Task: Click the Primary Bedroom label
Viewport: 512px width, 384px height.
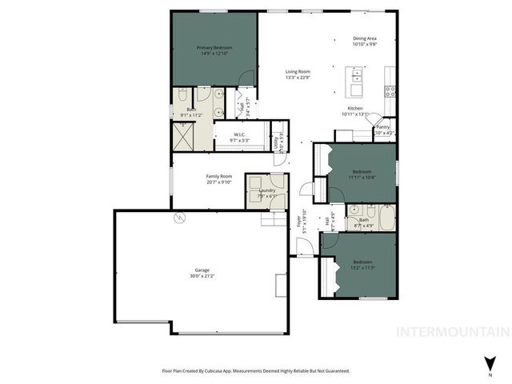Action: tap(214, 48)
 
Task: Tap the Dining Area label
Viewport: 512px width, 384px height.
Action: tap(365, 38)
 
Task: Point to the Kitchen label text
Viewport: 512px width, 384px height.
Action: tap(355, 108)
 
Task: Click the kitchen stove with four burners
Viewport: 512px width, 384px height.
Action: tap(390, 90)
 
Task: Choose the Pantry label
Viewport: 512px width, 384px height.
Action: tap(382, 126)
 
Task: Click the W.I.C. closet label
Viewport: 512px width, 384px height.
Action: tap(239, 134)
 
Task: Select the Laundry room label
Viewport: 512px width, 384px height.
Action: tap(267, 190)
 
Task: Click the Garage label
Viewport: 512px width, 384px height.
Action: tap(202, 270)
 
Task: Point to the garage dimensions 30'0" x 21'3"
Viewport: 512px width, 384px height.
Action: tap(202, 276)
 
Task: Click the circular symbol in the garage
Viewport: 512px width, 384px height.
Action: tap(179, 217)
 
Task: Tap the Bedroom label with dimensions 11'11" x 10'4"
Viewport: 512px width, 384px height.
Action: tap(362, 170)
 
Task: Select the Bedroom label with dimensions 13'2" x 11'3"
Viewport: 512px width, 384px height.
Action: tap(362, 262)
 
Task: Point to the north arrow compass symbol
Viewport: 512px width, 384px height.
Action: tap(490, 362)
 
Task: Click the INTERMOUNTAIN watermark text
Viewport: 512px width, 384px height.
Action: tap(453, 331)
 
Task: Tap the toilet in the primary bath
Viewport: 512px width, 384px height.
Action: tap(182, 94)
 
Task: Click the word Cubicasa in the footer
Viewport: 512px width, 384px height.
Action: tap(226, 371)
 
